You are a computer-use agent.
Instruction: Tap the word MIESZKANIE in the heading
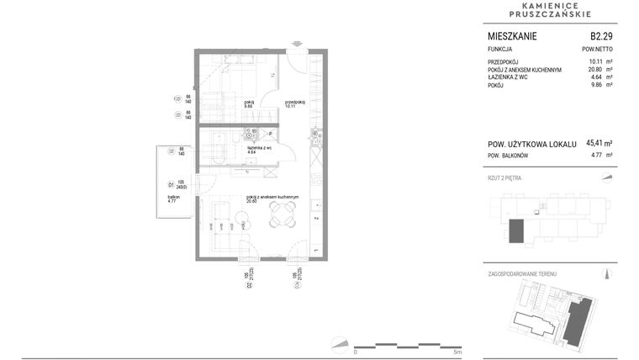[512, 36]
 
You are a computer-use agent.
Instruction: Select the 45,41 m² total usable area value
[599, 144]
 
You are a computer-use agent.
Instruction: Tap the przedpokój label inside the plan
[293, 103]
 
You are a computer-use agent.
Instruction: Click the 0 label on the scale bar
[355, 352]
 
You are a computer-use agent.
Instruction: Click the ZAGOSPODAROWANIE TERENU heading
[521, 274]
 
